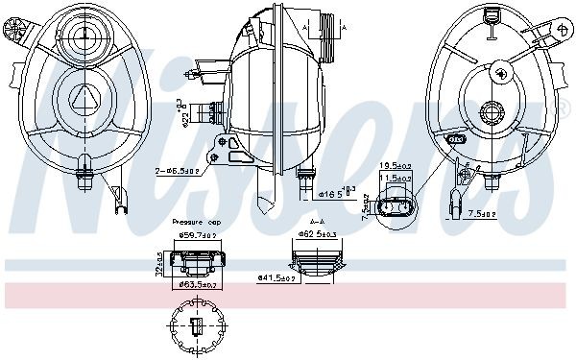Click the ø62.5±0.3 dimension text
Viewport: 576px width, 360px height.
pyautogui.click(x=316, y=232)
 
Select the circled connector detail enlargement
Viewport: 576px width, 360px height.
pyautogui.click(x=397, y=208)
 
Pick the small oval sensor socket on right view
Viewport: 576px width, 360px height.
pyautogui.click(x=457, y=140)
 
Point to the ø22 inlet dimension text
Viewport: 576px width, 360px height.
pyautogui.click(x=182, y=114)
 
